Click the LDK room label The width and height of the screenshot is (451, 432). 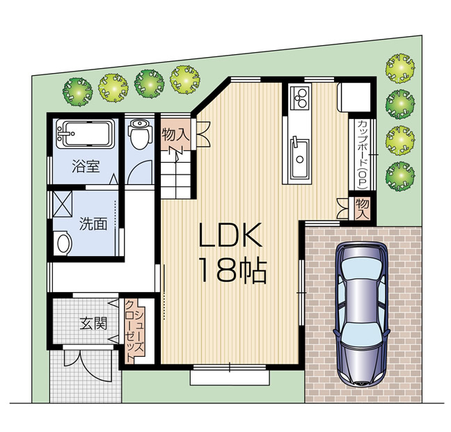pos(230,234)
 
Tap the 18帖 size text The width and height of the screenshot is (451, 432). pos(233,271)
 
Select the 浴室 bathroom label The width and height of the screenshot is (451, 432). pos(86,166)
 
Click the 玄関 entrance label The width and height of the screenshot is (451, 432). pos(93,323)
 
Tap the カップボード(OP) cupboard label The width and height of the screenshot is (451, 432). pos(363,154)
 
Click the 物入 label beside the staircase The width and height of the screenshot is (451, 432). pos(175,134)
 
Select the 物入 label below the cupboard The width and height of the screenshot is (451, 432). pos(363,209)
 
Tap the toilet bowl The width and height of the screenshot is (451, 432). pos(140,134)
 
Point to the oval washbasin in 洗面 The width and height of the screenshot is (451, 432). pos(64,243)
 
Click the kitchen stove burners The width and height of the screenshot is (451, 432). pos(301,97)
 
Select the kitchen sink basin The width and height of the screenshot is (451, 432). pos(300,158)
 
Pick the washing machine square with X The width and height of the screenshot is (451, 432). pos(63,204)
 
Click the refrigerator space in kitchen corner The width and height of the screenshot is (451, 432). pos(355,97)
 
